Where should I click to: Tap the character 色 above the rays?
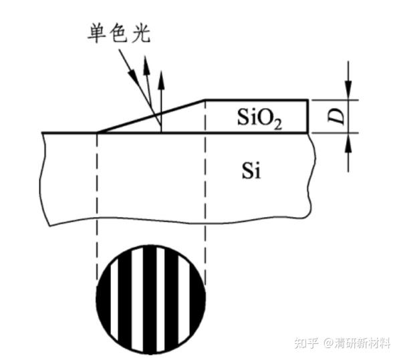[120, 32]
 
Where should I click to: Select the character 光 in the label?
[141, 32]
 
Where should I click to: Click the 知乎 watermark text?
[305, 343]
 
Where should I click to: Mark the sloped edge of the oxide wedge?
[150, 116]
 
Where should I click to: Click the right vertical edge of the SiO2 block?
[308, 116]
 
